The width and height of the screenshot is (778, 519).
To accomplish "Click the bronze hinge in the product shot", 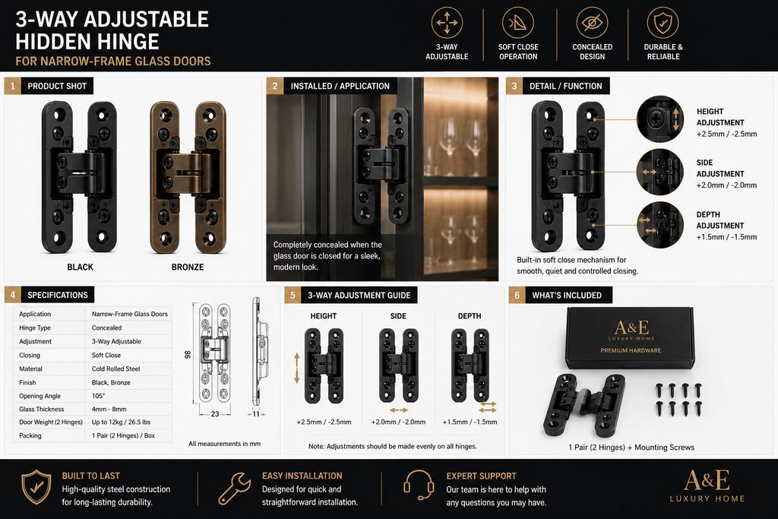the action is click(x=188, y=177).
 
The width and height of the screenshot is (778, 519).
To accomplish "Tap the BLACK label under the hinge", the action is click(x=80, y=267).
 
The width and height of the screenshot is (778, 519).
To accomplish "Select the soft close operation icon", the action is click(x=518, y=23).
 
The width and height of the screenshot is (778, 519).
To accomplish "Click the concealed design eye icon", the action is click(x=592, y=23).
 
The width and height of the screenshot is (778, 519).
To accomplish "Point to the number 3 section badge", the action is click(x=514, y=86).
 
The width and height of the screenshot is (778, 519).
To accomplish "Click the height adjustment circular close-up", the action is click(x=660, y=119).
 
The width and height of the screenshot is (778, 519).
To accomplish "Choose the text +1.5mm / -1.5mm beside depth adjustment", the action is click(x=726, y=236).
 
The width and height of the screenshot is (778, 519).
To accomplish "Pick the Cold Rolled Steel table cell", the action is click(x=115, y=369).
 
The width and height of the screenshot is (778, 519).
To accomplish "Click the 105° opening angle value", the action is click(x=98, y=396).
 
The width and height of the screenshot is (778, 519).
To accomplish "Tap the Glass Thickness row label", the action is click(x=42, y=410).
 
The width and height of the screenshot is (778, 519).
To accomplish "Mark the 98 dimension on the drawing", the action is click(x=188, y=355).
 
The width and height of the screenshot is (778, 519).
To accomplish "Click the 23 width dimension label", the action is click(x=215, y=414).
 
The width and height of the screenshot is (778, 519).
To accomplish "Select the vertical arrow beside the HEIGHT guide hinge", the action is click(x=297, y=368).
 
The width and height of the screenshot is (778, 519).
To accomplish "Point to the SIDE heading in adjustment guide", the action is click(x=398, y=316).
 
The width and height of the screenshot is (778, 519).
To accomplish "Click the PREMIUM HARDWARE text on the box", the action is click(x=631, y=350).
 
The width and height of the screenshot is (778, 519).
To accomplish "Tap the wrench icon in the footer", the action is click(x=234, y=489).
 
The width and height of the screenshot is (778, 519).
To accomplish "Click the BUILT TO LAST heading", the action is click(x=91, y=476).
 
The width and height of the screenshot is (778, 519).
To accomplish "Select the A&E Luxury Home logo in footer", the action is click(x=707, y=486).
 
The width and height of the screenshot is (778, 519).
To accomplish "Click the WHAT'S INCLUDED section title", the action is click(x=567, y=296).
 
